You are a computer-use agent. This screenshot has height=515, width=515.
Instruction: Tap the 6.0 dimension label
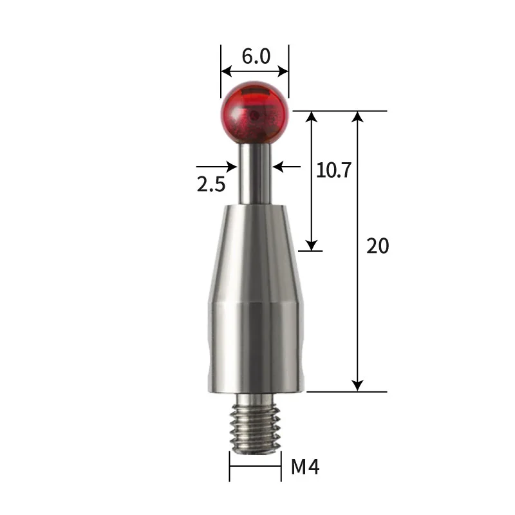point(256,56)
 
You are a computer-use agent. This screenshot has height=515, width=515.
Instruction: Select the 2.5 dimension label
point(211,185)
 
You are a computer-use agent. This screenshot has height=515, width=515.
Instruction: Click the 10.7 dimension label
point(333,170)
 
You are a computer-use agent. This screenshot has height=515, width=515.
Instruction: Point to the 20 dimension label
point(378,245)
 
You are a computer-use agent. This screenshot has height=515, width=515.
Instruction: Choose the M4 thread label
point(305,467)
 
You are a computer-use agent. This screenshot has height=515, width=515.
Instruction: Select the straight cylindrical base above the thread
point(255,348)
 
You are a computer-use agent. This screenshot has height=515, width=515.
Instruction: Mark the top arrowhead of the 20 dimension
point(358,117)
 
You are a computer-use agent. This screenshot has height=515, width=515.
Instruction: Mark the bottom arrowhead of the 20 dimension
point(358,385)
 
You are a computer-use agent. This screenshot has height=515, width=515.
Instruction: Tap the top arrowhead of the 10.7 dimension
point(312,117)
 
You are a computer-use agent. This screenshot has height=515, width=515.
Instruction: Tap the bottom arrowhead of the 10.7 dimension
point(312,245)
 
